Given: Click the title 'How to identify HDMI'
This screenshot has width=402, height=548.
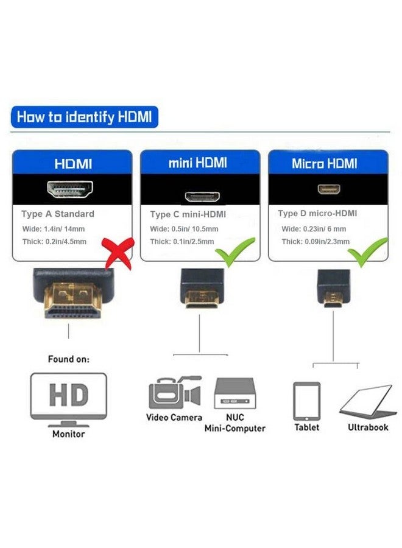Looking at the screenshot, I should (84, 116).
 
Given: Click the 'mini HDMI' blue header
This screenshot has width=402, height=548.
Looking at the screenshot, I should (198, 163).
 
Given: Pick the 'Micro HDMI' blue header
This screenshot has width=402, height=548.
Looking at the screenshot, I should (325, 163).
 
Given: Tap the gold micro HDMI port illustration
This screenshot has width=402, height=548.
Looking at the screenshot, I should (328, 189).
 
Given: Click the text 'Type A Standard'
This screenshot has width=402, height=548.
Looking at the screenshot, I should (58, 214).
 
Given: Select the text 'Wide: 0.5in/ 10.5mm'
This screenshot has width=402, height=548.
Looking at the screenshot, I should (184, 229).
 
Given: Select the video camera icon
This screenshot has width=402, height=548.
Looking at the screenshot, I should (174, 393).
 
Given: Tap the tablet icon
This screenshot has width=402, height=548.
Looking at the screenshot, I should (306, 401).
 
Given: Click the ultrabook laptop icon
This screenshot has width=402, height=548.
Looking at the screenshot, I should (368, 401).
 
